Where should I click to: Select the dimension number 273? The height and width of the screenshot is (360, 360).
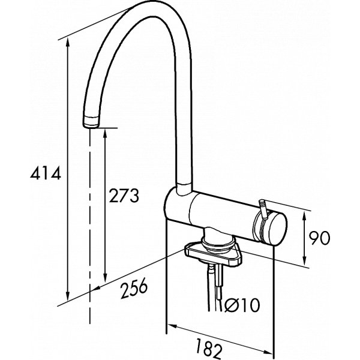(x=123, y=195)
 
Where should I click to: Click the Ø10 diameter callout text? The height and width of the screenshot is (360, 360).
(x=242, y=307)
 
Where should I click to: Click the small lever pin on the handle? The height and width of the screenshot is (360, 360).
(x=262, y=206)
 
